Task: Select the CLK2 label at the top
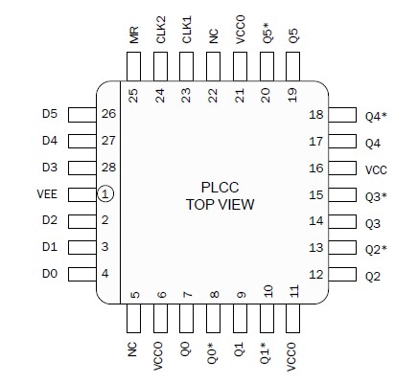click(160, 31)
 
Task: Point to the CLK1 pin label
click(187, 31)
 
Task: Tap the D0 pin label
click(50, 275)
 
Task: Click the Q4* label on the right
click(376, 116)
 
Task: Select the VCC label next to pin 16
click(376, 169)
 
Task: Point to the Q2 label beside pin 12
click(373, 276)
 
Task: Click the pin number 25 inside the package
click(133, 95)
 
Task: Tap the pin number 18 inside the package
click(314, 116)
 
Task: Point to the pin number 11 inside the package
click(294, 291)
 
